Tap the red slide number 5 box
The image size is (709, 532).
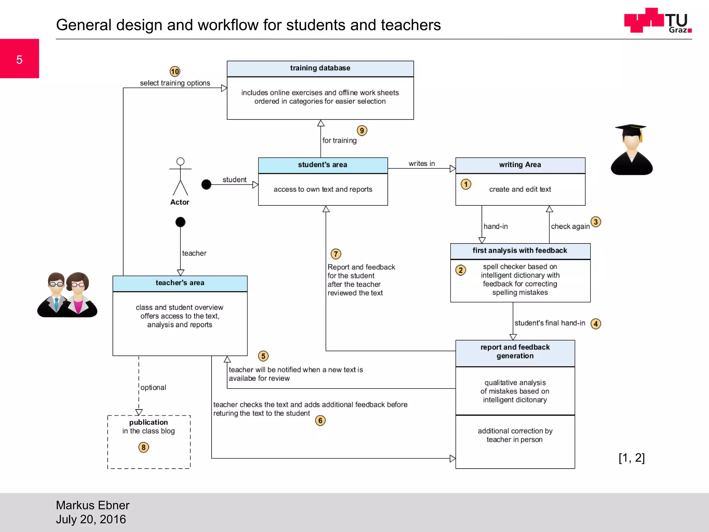19,59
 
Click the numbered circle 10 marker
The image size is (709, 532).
175,72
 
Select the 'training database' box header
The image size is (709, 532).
320,68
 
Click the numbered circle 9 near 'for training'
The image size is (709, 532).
362,131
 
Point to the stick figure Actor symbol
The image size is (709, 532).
180,177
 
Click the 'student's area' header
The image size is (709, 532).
323,165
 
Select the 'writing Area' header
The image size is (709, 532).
520,165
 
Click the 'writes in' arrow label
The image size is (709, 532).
421,163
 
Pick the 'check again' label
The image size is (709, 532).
570,227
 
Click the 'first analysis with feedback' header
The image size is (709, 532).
520,251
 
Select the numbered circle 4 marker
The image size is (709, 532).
595,324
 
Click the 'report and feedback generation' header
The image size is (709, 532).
515,352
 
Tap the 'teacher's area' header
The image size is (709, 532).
180,283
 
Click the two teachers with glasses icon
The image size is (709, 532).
67,295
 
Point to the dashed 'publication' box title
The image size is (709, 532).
149,423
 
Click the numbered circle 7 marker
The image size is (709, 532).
335,254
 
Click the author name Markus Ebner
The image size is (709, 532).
92,505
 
